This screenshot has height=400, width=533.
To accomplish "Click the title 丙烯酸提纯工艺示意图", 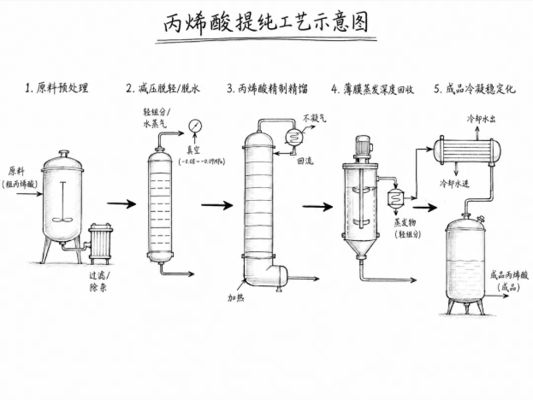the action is coord(266,23).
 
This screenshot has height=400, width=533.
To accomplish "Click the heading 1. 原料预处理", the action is coord(56,88).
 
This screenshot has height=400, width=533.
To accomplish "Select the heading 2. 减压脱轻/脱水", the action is coord(163,89).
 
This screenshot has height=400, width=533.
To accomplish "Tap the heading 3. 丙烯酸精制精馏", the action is coord(267,89).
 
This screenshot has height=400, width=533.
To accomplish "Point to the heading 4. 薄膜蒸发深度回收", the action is coord(372,89).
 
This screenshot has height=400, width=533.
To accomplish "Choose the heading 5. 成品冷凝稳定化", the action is coord(475,89).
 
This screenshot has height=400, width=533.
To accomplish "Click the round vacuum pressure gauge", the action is coord(195,126).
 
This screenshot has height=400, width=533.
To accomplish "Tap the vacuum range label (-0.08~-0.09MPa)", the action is coord(202,162).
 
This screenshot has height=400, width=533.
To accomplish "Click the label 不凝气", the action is coord(315,118).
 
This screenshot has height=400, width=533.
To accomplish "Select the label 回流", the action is coord(305,161).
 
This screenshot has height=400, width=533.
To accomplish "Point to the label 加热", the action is coord(235,297).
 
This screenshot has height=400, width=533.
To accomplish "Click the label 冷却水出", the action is coord(481,119).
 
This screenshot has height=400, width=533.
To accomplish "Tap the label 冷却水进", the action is coord(454,184).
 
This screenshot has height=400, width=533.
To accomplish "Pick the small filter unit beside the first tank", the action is coord(100,244).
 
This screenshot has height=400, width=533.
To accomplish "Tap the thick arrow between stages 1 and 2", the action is coord(121,203).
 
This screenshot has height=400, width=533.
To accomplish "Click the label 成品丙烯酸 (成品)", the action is coord(509,281).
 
